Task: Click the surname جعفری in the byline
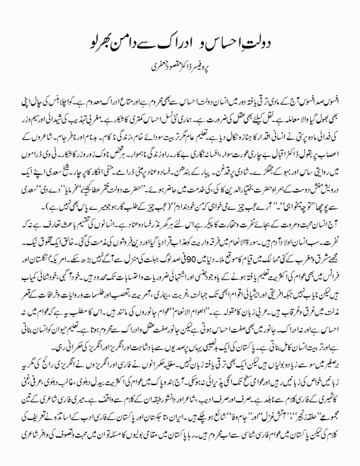tap(153, 66)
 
